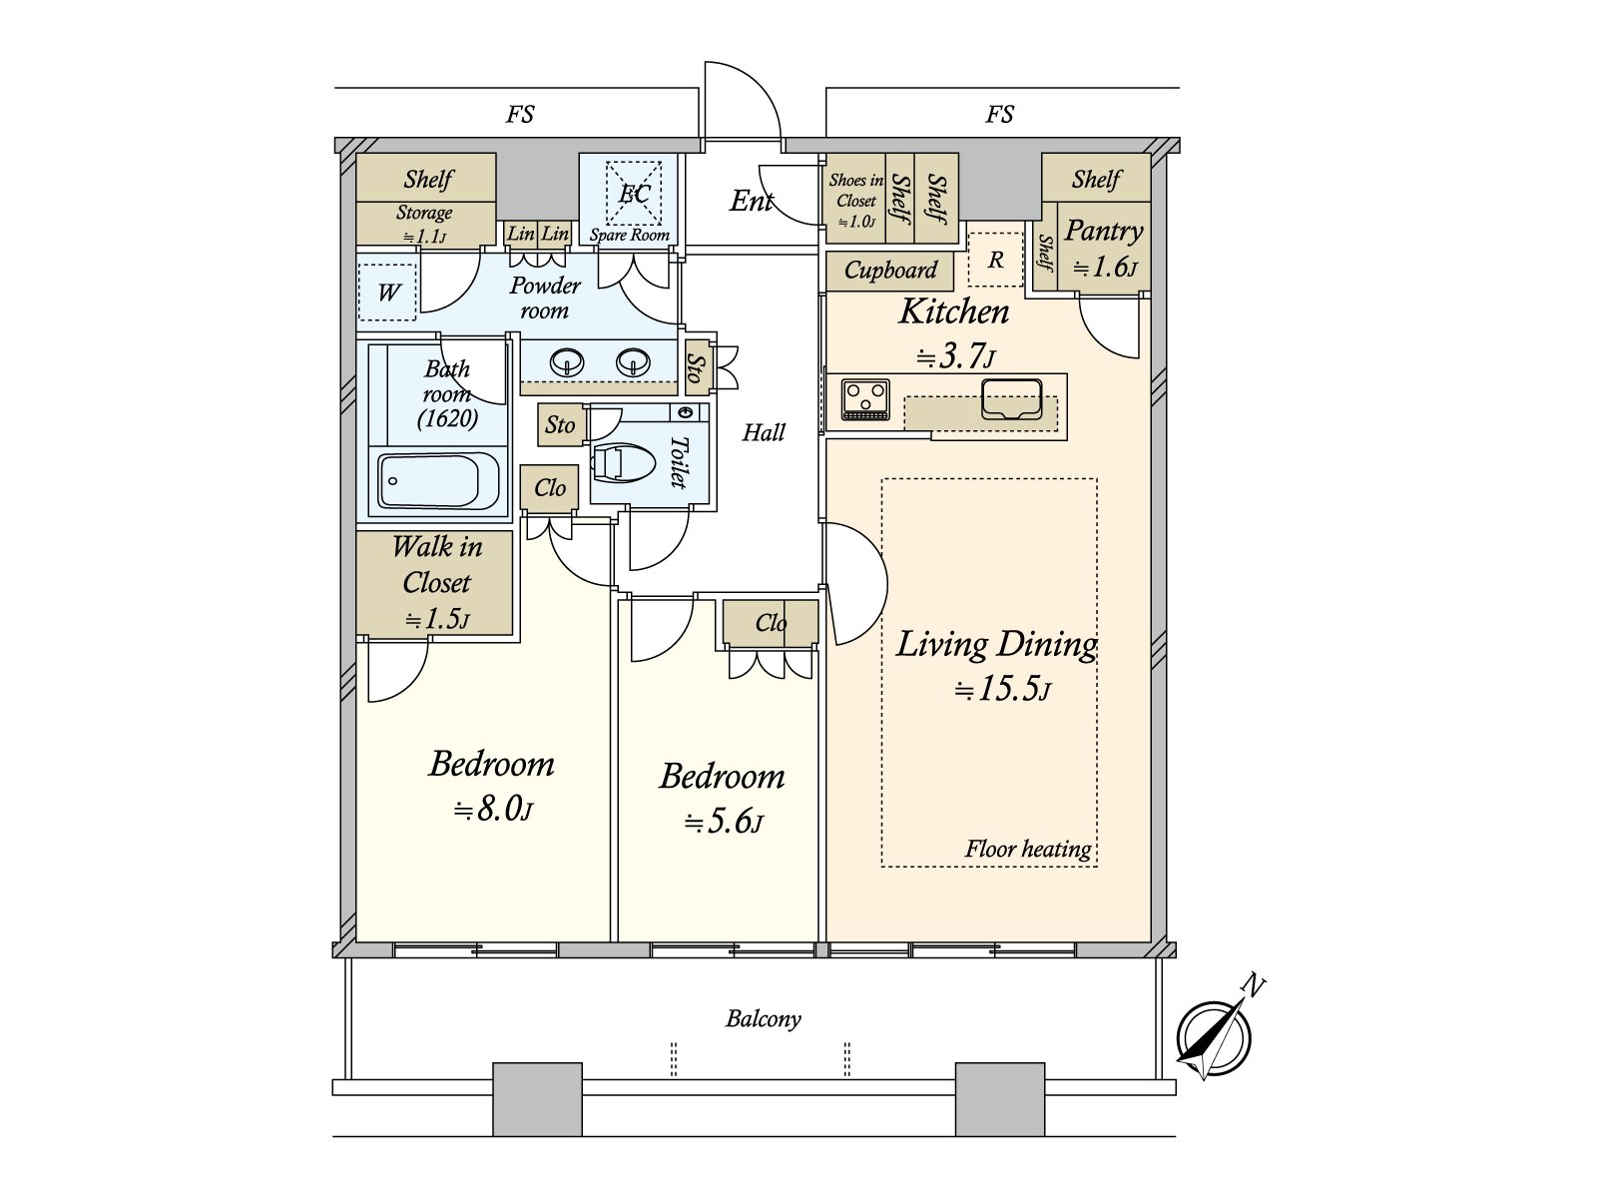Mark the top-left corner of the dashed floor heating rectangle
pyautogui.click(x=881, y=478)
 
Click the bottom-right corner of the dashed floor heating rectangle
pyautogui.click(x=1097, y=867)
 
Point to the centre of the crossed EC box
pyautogui.click(x=634, y=193)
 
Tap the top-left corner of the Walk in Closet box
pyautogui.click(x=356, y=531)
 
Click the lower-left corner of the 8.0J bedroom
pyautogui.click(x=356, y=941)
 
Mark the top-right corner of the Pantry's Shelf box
pyautogui.click(x=1150, y=154)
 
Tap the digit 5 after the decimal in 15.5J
pyautogui.click(x=1027, y=688)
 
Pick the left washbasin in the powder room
pyautogui.click(x=567, y=361)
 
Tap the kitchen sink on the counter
pyautogui.click(x=1011, y=399)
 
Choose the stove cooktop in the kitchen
pyautogui.click(x=865, y=399)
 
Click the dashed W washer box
pyautogui.click(x=387, y=292)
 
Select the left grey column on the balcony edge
pyautogui.click(x=538, y=1099)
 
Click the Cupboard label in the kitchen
pyautogui.click(x=890, y=271)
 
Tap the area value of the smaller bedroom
pyautogui.click(x=724, y=822)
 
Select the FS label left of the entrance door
pyautogui.click(x=520, y=114)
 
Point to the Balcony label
pyautogui.click(x=764, y=1019)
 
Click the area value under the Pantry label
pyautogui.click(x=1105, y=267)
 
